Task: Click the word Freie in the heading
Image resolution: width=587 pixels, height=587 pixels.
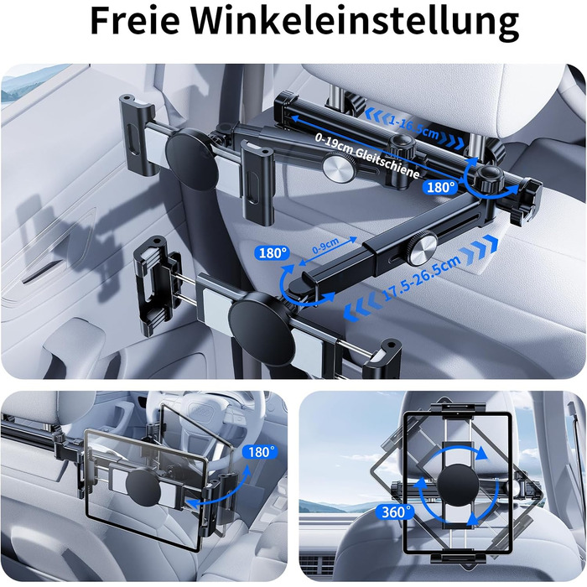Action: [x=135, y=21]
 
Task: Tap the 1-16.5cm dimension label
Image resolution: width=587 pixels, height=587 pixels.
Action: [x=413, y=127]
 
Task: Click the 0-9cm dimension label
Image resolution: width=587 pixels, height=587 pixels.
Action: [x=325, y=246]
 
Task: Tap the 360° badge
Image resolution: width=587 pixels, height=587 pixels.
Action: [x=394, y=512]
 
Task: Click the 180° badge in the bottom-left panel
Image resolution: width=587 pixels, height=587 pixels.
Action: [x=261, y=452]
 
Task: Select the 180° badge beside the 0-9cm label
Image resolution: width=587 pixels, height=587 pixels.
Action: [x=273, y=253]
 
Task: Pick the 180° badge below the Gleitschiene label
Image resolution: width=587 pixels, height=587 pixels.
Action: [x=440, y=187]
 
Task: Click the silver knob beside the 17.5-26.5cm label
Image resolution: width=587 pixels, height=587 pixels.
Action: [x=422, y=247]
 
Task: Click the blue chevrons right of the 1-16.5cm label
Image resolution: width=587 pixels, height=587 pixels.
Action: [x=451, y=140]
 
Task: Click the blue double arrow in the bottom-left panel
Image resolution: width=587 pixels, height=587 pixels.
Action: [x=221, y=486]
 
